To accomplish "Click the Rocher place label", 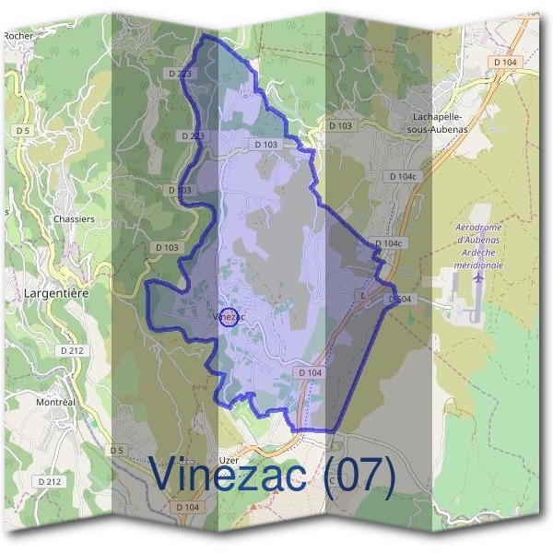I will coord(18,36).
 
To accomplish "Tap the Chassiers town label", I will coord(74,219).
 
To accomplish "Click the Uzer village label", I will coord(229,458).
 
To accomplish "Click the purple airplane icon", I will coord(477,276).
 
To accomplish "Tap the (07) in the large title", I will coord(359,476).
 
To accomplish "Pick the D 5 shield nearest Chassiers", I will coord(23,132).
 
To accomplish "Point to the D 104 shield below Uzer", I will coord(186,507).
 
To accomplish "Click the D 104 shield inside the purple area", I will coord(310,371).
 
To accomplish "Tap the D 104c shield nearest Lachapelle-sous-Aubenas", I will coord(403,175).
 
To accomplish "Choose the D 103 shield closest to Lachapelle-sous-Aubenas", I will coord(340,124).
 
